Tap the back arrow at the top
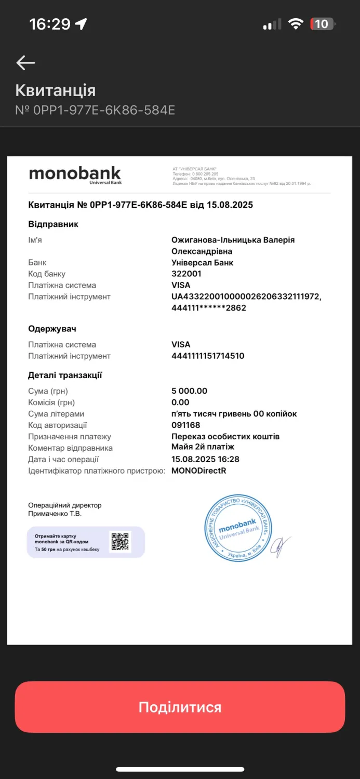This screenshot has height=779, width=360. coord(25,63)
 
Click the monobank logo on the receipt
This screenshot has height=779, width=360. coord(75,174)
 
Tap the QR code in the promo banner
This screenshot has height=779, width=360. coord(120,542)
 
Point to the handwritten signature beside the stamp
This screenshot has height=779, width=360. coord(281,545)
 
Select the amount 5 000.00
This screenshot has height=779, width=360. coord(189,391)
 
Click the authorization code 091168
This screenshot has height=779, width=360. coord(185,425)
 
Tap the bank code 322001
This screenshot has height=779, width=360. coord(186,274)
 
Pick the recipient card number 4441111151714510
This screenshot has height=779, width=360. coord(208,356)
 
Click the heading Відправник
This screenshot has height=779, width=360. coord(53,224)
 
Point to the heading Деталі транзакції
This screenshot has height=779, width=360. coord(65,375)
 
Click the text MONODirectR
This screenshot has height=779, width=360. coord(198,471)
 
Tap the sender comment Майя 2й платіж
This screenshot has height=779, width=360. coord(203,447)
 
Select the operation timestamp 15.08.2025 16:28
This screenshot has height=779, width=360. coord(205,459)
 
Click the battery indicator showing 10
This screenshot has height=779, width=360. coord(323,24)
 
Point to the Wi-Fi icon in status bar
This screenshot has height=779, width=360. coord(296,24)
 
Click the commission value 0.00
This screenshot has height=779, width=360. coord(180,402)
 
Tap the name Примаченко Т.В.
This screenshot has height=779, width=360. coord(55,514)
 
